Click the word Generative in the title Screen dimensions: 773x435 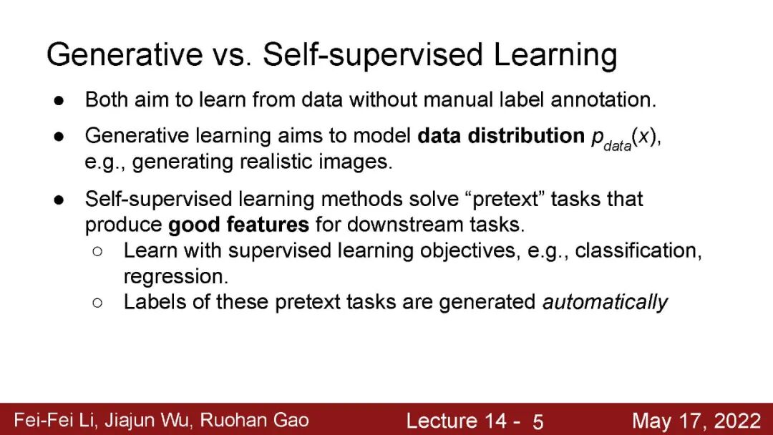[125, 54]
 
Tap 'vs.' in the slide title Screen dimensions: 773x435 [232, 54]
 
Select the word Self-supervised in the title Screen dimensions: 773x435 [373, 54]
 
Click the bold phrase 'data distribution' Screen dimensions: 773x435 [501, 135]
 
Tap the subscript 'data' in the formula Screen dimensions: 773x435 [617, 146]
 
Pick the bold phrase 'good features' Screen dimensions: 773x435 [238, 225]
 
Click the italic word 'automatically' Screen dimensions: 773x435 [605, 302]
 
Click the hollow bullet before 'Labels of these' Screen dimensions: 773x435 [97, 303]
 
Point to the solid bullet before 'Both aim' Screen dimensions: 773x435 [59, 100]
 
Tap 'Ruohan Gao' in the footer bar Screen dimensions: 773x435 [254, 420]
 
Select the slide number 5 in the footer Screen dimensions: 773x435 [538, 421]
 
